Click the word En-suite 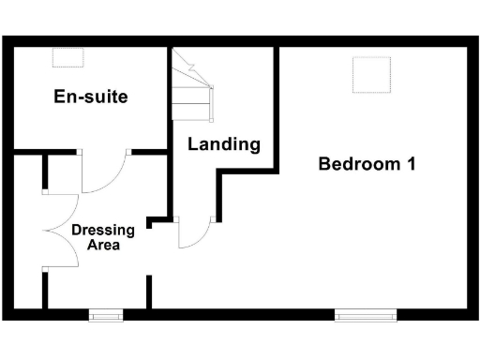tap(90, 97)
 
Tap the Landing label tap(223, 144)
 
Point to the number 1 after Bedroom tap(410, 164)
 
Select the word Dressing tap(103, 230)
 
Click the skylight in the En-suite tap(67, 58)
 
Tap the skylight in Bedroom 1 tap(370, 74)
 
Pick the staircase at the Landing tap(193, 84)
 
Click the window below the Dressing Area tap(105, 315)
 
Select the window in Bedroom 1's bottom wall tap(365, 315)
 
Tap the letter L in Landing tap(193, 144)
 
